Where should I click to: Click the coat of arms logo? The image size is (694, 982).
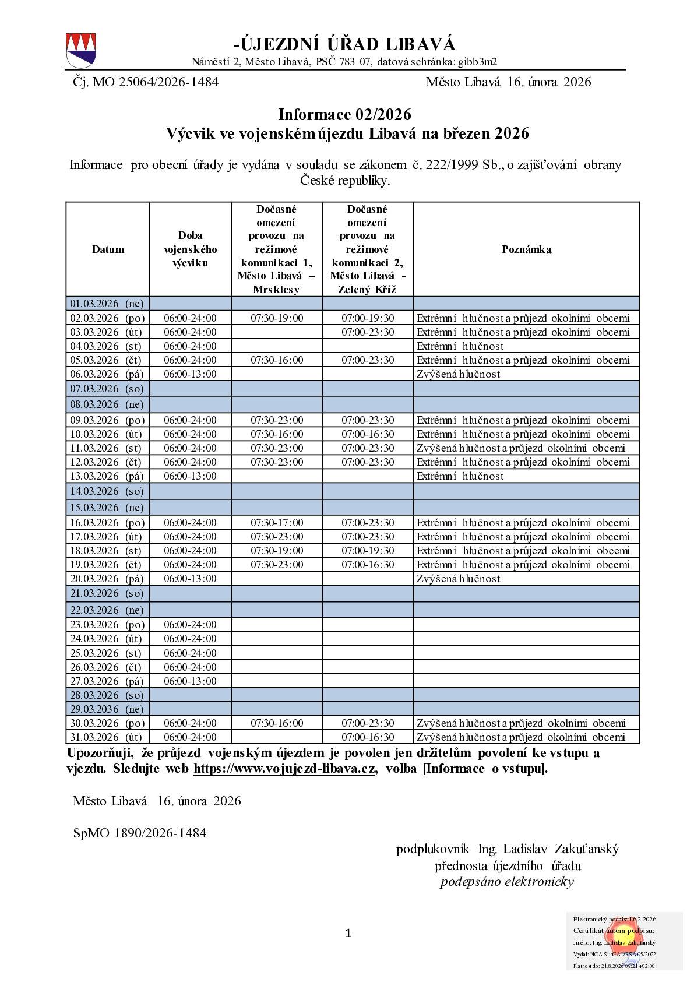(80, 51)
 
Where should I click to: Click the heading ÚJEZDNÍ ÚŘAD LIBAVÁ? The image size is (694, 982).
(344, 44)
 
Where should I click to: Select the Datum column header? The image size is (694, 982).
(108, 249)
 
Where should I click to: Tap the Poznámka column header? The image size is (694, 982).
(526, 249)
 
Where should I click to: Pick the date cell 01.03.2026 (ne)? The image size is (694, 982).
(107, 304)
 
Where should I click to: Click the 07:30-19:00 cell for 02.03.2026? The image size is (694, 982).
(277, 318)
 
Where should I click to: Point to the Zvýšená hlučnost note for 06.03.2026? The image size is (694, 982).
(458, 374)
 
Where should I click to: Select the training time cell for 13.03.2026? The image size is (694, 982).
(190, 476)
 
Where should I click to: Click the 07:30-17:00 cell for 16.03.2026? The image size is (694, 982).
(277, 523)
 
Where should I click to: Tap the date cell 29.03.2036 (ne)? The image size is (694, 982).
(107, 709)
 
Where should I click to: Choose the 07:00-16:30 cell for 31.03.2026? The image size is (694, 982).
(368, 737)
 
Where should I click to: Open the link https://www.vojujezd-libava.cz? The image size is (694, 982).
(284, 769)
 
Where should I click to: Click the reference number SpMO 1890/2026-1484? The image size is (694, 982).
(140, 833)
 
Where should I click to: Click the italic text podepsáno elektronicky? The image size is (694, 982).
(507, 882)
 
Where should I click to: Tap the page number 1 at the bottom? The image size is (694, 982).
(348, 934)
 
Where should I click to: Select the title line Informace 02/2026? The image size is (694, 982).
(344, 114)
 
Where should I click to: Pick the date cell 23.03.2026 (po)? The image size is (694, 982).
(107, 625)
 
